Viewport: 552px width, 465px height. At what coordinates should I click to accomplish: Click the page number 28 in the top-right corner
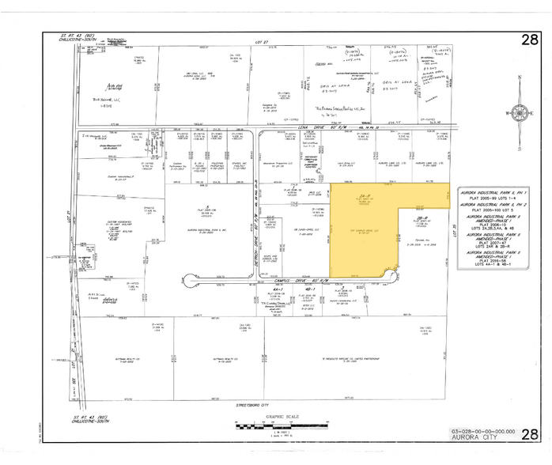[x=529, y=40]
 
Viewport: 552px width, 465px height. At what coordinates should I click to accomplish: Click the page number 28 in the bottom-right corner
[x=530, y=433]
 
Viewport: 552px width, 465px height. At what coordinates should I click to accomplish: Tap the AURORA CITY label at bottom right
[x=478, y=437]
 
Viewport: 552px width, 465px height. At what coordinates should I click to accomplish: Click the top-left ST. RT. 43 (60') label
[x=78, y=36]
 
